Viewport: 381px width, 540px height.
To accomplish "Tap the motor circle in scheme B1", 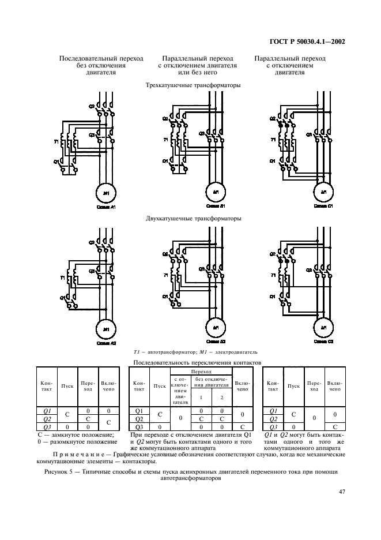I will tap(214, 192).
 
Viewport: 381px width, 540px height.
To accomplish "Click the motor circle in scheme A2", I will tap(105, 328).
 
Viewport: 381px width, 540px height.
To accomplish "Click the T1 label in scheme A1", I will tap(56, 141).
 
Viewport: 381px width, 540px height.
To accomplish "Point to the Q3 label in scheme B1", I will tap(202, 134).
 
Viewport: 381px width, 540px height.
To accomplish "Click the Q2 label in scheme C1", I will tap(273, 119).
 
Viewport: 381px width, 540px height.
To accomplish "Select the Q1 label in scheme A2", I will tap(56, 297).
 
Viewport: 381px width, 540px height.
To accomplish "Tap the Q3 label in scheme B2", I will tap(202, 269).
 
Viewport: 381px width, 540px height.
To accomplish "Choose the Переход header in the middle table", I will tap(201, 372).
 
